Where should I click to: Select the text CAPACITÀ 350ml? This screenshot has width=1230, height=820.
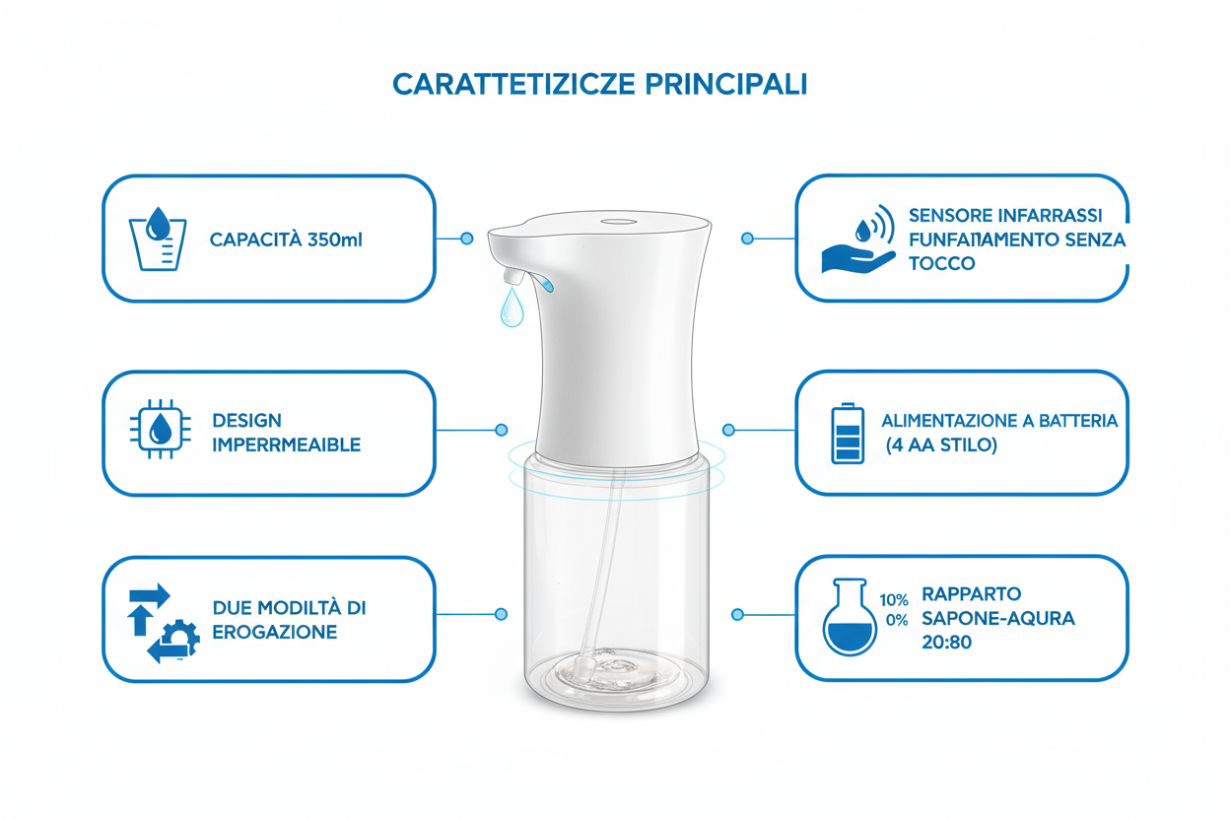point(286,239)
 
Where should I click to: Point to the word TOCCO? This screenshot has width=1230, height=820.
point(942,264)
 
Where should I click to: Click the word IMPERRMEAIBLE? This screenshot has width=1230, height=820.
point(286,445)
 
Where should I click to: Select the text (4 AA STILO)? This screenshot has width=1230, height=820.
point(940,445)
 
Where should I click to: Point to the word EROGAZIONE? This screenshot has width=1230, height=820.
point(275,632)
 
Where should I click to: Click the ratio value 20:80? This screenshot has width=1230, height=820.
point(944,643)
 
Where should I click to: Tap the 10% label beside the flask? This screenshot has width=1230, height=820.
point(894,599)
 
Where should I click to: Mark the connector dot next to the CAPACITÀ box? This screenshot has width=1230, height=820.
point(467,239)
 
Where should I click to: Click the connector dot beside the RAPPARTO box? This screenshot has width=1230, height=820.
point(737,614)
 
